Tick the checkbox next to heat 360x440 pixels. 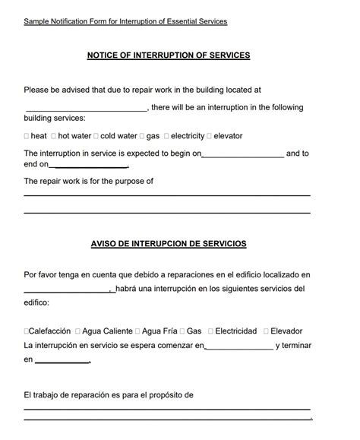point(27,136)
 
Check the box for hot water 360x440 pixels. point(54,136)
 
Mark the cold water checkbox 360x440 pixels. point(96,136)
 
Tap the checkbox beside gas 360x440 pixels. point(142,136)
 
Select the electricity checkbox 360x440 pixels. point(166,136)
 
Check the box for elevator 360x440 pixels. point(210,136)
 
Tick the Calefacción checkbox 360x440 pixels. point(27,331)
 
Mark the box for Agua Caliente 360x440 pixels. point(76,331)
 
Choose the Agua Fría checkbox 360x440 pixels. point(137,331)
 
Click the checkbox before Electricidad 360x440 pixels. point(210,331)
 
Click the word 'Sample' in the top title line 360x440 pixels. point(36,21)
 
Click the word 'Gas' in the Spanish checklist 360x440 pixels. point(194,331)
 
